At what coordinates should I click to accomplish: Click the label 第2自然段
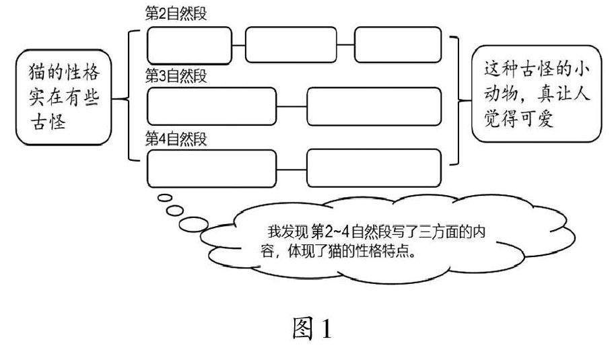(176, 13)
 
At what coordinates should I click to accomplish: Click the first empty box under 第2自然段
(189, 44)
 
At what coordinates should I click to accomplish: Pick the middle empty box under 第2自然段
(291, 44)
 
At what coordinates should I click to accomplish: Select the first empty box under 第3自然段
(211, 106)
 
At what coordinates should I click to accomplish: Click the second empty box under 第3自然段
(374, 106)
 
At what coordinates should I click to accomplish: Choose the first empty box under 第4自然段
(211, 168)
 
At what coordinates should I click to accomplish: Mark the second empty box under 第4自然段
(374, 168)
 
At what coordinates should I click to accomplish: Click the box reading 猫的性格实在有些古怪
(64, 96)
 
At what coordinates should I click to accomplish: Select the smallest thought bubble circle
(164, 198)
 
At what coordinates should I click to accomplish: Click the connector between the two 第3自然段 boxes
(292, 106)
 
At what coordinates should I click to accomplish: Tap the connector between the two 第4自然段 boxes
(292, 168)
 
